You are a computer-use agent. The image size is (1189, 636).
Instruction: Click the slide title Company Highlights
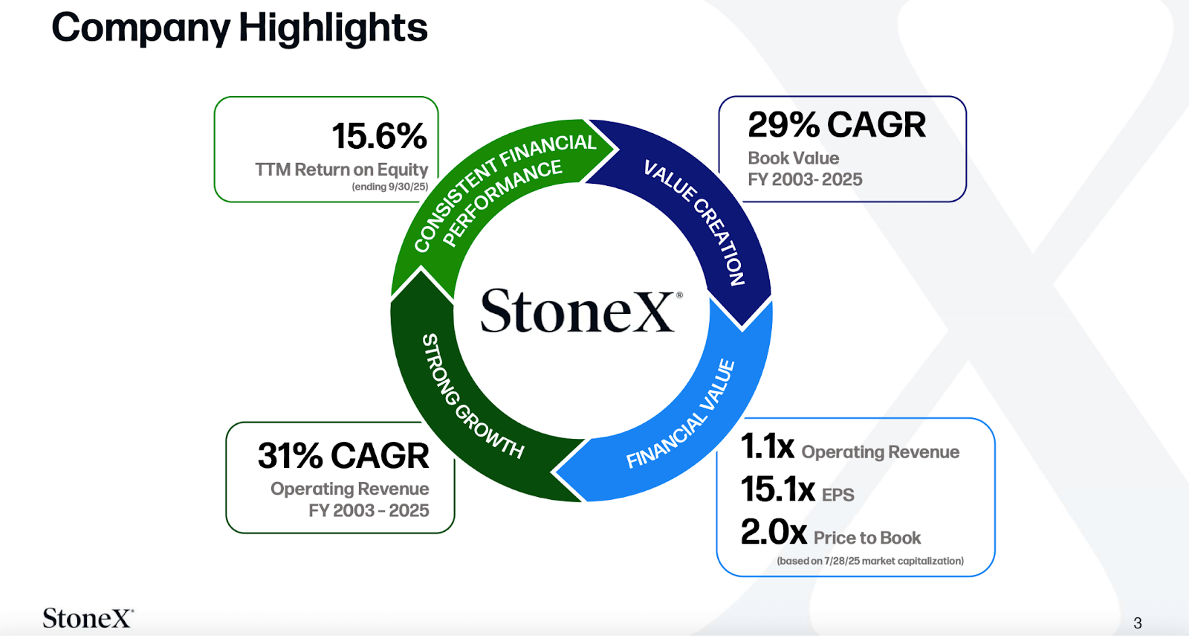(239, 28)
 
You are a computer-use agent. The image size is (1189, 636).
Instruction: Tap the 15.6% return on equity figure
(379, 136)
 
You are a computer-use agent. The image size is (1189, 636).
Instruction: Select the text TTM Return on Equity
(342, 170)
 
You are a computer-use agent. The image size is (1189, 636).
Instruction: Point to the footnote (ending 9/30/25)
(389, 187)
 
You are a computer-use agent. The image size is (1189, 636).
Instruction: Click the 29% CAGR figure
(837, 125)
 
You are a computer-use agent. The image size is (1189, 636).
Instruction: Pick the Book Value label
(793, 158)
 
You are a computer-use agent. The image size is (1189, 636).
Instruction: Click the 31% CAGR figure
(343, 456)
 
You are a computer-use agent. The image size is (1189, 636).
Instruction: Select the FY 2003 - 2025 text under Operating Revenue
(369, 510)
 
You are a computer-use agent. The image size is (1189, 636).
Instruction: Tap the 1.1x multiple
(767, 447)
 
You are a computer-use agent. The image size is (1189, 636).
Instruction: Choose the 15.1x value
(777, 489)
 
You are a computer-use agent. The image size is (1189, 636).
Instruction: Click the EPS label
(838, 495)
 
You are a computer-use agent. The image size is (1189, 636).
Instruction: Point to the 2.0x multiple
(774, 533)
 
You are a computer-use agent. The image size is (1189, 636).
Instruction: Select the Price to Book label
(866, 538)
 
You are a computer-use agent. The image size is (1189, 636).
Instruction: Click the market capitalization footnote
(869, 561)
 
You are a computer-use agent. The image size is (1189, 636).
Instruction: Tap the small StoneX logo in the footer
(88, 618)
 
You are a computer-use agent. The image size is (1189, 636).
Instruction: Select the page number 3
(1137, 623)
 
